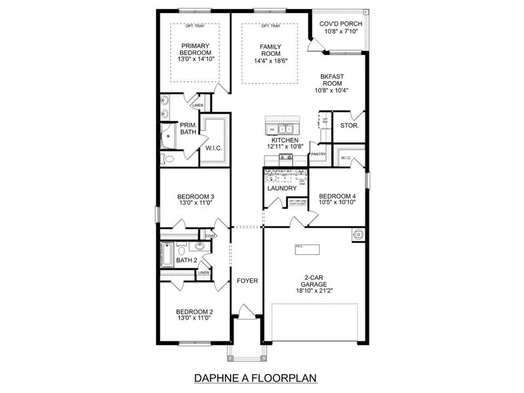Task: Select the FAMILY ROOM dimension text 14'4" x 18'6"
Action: tap(271, 61)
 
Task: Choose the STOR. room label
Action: tap(349, 124)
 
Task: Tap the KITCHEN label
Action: tap(285, 140)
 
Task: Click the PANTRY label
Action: tap(318, 155)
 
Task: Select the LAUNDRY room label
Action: tap(282, 189)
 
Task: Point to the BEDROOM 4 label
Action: tap(337, 196)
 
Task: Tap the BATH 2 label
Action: tap(187, 260)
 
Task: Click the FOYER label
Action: tap(247, 280)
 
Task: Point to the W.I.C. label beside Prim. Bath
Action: tap(214, 148)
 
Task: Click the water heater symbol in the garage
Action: tap(358, 234)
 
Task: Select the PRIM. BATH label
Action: tap(189, 128)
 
